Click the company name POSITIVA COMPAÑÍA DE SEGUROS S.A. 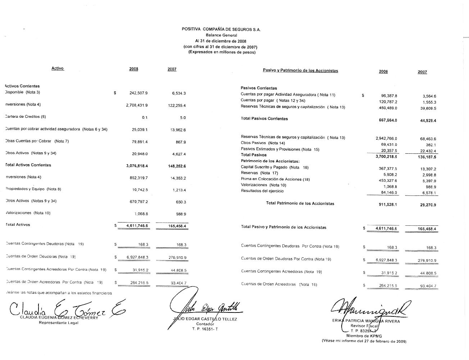pos(221,29)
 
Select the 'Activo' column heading pos(58,68)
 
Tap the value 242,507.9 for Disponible pos(138,93)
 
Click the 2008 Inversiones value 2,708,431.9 pos(137,105)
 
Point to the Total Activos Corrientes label pos(28,165)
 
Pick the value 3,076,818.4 pos(137,166)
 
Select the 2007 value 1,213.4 pos(179,190)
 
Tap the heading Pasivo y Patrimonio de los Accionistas pos(300,71)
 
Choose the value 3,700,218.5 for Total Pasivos pos(386,157)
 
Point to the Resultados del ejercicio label pos(262,191)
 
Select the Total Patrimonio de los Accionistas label pos(300,204)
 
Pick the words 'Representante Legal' pos(59,323)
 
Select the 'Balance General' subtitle pos(221,35)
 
